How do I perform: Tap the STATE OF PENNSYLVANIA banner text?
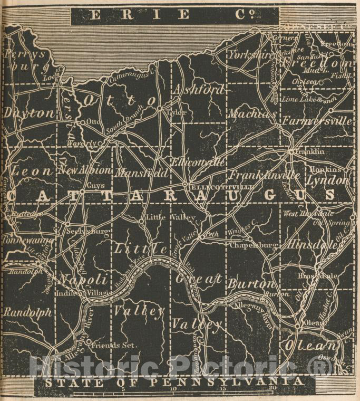[x=174, y=381]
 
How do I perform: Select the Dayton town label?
[x=30, y=113]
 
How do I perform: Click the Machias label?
[x=252, y=113]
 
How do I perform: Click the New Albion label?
[x=85, y=170]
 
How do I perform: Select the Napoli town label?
[x=84, y=279]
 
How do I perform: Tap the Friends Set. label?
[x=114, y=346]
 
